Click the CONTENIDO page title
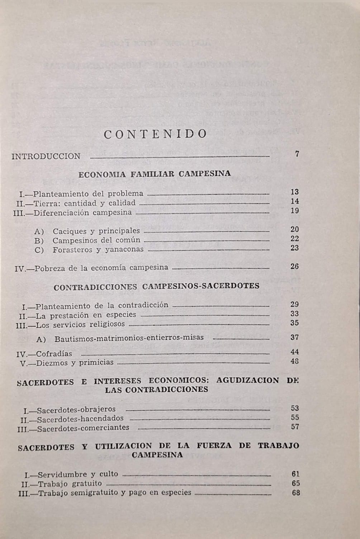155,134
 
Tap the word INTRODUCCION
46,156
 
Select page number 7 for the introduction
297,154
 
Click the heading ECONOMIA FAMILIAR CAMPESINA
155,174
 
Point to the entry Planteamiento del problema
90,194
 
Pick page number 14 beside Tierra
295,201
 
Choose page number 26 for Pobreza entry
295,266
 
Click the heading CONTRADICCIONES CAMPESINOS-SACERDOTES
156,286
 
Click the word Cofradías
54,354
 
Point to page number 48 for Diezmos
295,361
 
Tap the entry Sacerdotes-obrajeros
76,409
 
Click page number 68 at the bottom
296,493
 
